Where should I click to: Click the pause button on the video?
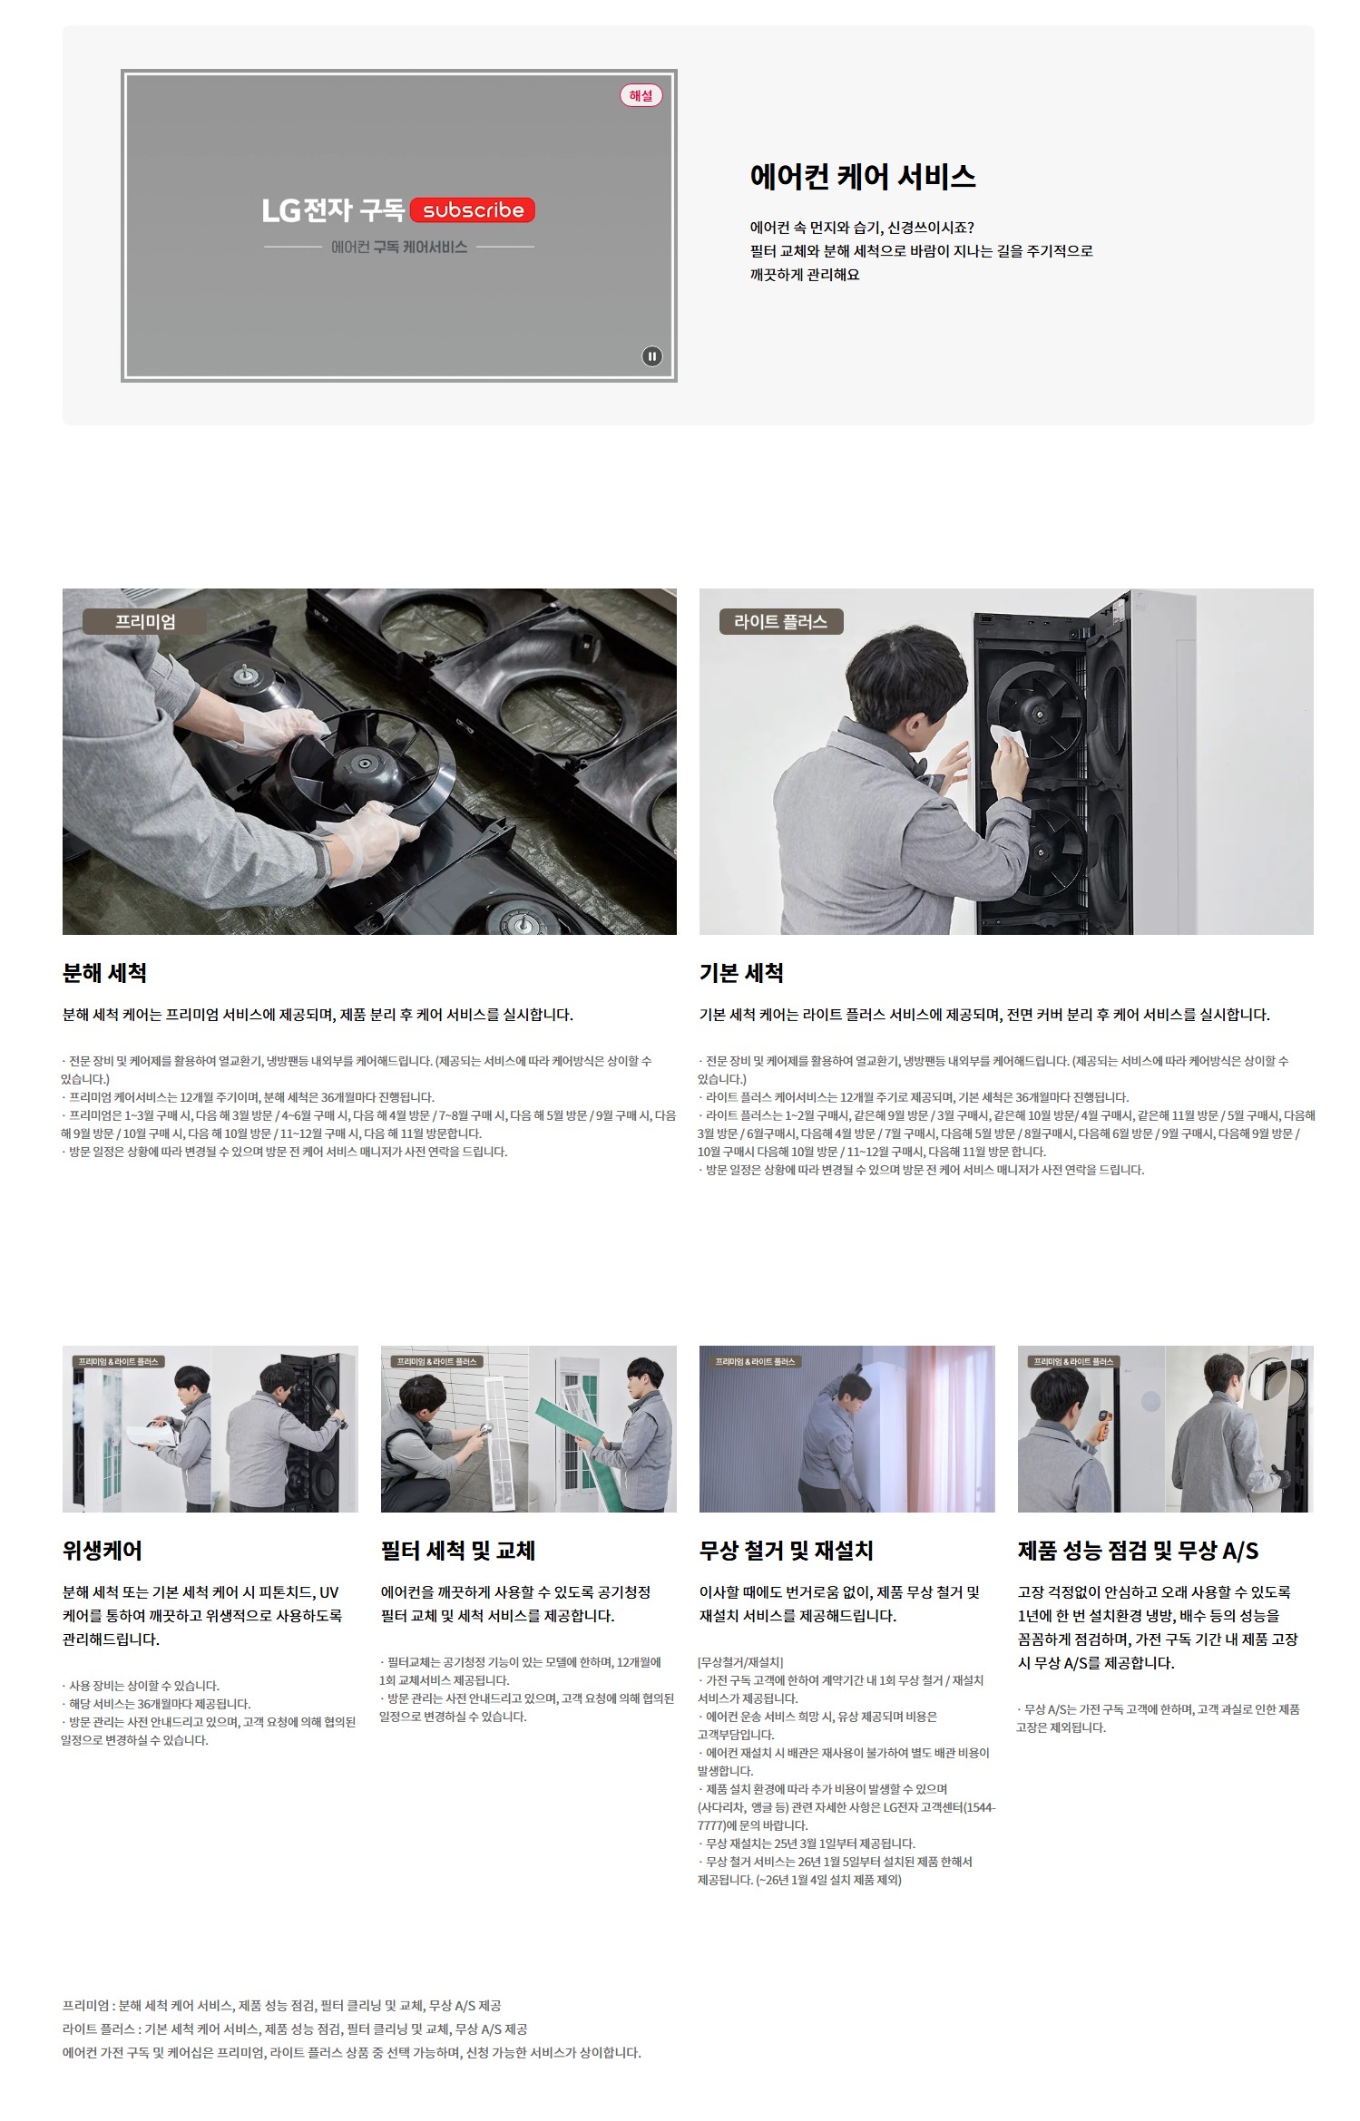[651, 356]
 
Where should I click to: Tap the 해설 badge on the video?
[641, 95]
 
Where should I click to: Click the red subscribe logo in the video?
[473, 210]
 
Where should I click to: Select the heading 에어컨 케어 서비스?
[863, 177]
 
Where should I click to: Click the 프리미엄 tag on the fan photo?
[145, 621]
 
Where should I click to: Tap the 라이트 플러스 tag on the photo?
[780, 621]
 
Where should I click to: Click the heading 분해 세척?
[104, 973]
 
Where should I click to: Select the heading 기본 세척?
[741, 973]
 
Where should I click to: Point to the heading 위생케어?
[103, 1551]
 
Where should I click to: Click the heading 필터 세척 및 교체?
[458, 1551]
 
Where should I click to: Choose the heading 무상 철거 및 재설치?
[787, 1551]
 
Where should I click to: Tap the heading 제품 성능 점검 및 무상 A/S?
[1138, 1551]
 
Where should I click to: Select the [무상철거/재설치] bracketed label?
[740, 1662]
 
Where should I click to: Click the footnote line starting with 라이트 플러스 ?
[295, 2029]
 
